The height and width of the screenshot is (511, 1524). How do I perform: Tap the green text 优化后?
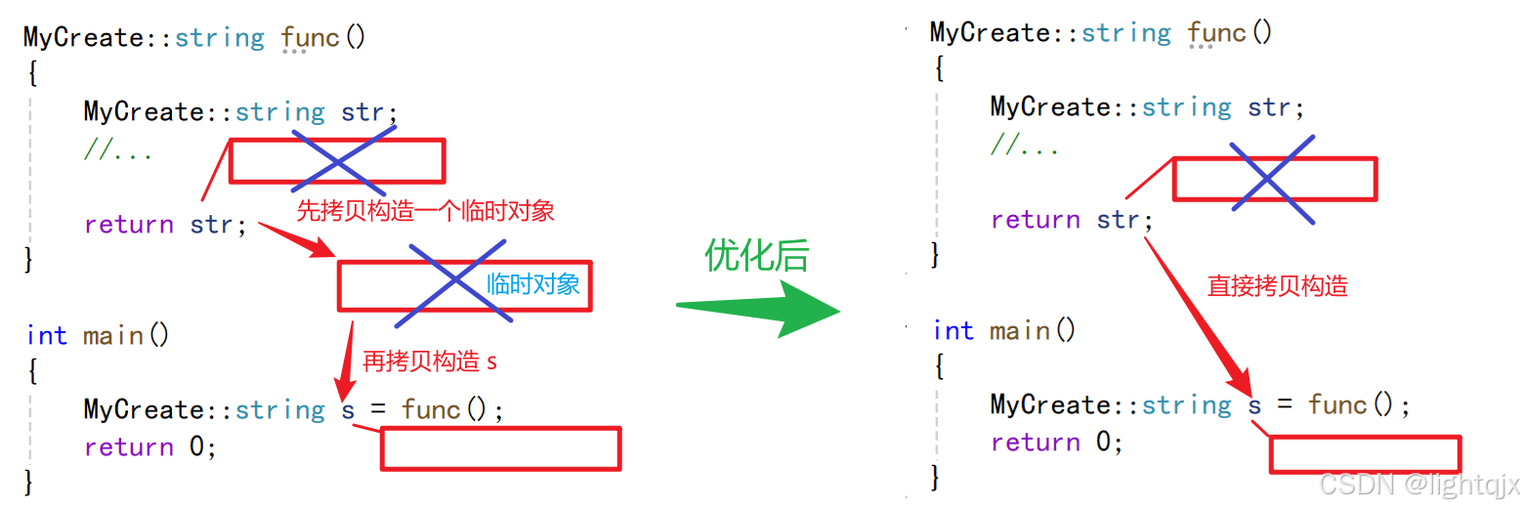pyautogui.click(x=757, y=255)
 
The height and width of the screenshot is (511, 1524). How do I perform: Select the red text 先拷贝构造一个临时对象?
pyautogui.click(x=425, y=210)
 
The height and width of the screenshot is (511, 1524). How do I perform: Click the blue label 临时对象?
pyautogui.click(x=533, y=284)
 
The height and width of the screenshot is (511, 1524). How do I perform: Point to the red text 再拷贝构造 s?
pyautogui.click(x=430, y=361)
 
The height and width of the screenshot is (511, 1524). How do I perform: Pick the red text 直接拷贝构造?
pyautogui.click(x=1277, y=285)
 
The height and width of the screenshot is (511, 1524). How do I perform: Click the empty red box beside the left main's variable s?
pyautogui.click(x=500, y=448)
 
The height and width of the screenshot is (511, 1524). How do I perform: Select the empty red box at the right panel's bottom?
pyautogui.click(x=1365, y=454)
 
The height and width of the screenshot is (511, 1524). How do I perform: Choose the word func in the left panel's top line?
pyautogui.click(x=310, y=38)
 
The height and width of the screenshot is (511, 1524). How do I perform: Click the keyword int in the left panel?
pyautogui.click(x=47, y=335)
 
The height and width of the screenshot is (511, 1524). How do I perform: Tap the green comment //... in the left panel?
pyautogui.click(x=118, y=150)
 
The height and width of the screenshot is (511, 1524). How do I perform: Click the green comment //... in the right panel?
pyautogui.click(x=1025, y=147)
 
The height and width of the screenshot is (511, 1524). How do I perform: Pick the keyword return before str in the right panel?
pyautogui.click(x=1035, y=219)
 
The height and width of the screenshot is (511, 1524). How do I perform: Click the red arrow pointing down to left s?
pyautogui.click(x=345, y=361)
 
